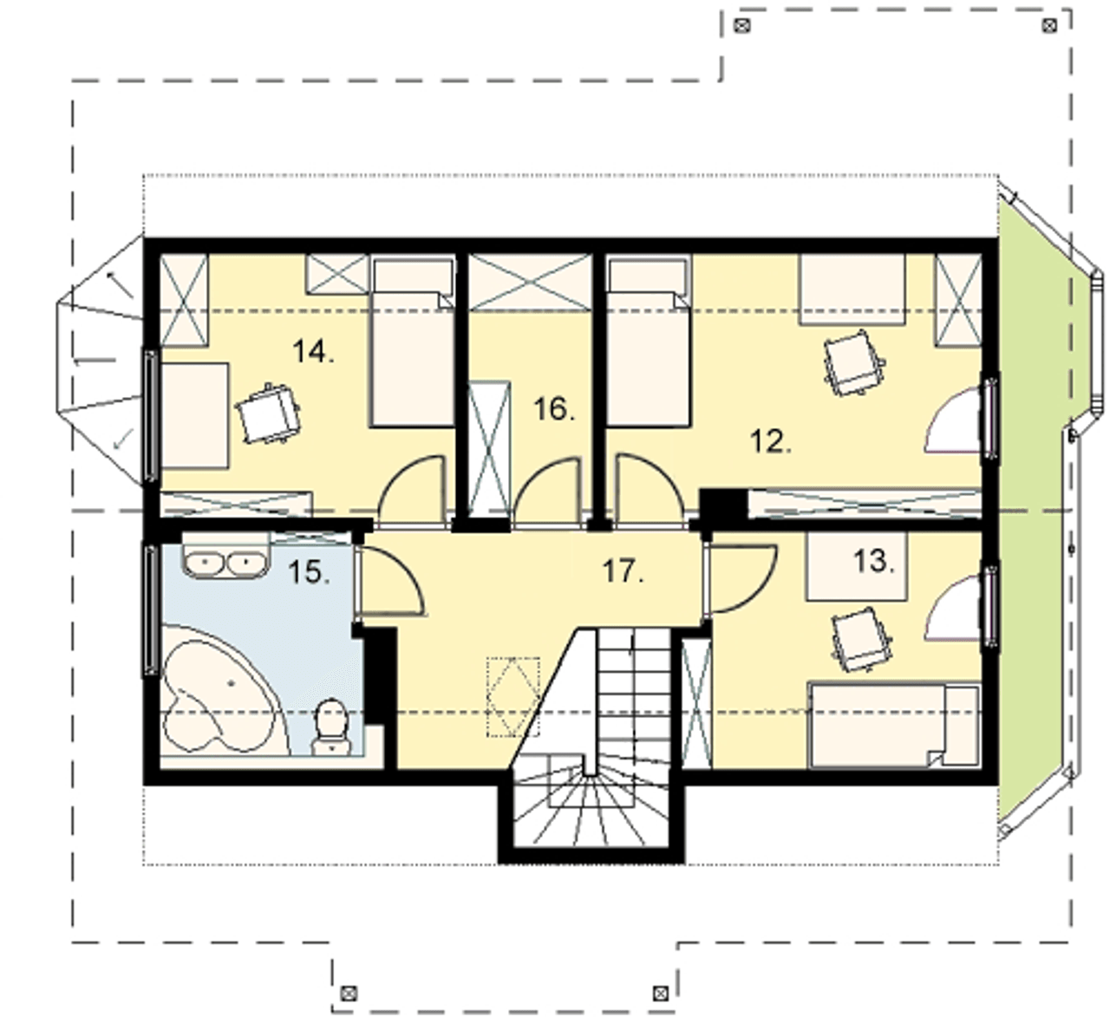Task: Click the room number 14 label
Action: pos(314,352)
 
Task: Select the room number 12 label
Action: pos(771,442)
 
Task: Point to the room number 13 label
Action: pos(874,561)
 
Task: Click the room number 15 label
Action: pos(309,572)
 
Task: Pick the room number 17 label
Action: pos(624,572)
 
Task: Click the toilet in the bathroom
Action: pos(331,727)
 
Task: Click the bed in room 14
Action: pos(412,342)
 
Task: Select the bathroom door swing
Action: pos(392,581)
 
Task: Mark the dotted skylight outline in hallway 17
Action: pos(513,696)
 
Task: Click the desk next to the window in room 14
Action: pos(194,415)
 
